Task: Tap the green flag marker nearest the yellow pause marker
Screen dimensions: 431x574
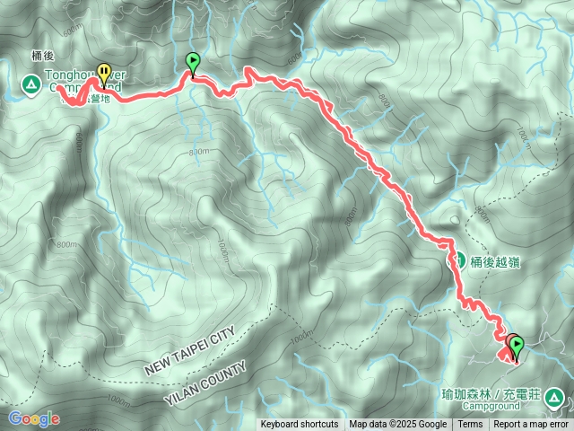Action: pyautogui.click(x=193, y=63)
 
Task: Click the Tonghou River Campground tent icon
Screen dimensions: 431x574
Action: pyautogui.click(x=30, y=85)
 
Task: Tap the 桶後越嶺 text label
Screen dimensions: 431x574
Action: pyautogui.click(x=495, y=262)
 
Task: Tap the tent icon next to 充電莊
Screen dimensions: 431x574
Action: pyautogui.click(x=554, y=397)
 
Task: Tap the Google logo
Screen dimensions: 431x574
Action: pyautogui.click(x=33, y=418)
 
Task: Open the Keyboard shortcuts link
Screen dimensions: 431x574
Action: pyautogui.click(x=300, y=425)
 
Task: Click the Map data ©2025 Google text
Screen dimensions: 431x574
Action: pyautogui.click(x=398, y=425)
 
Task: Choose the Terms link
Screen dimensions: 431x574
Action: pyautogui.click(x=470, y=425)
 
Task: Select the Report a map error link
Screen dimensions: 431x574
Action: pyautogui.click(x=531, y=425)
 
